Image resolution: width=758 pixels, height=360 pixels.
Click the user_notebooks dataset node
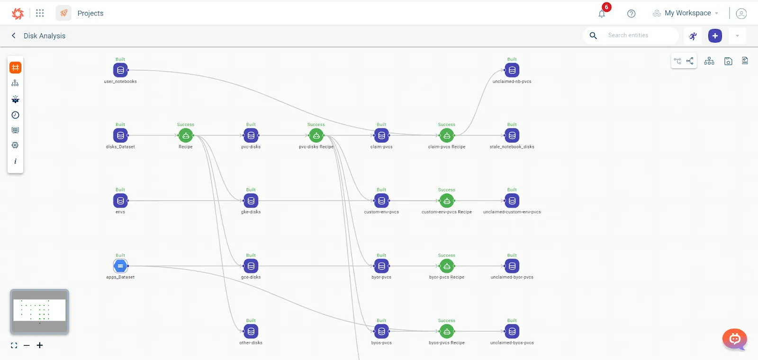tap(120, 70)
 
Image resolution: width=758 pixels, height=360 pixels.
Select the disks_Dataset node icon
tap(120, 135)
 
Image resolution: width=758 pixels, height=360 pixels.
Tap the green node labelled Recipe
tap(186, 135)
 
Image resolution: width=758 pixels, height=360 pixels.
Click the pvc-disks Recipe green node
tap(316, 135)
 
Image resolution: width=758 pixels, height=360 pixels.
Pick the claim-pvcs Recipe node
tap(446, 135)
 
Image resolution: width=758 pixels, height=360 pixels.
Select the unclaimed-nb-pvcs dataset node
tap(512, 70)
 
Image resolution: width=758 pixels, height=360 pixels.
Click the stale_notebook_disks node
tap(512, 135)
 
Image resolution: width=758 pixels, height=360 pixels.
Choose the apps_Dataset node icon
tap(120, 266)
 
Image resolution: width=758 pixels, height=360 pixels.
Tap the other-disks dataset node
tap(251, 331)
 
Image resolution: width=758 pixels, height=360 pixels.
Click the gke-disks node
tap(251, 201)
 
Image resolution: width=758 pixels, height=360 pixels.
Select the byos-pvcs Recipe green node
tap(446, 331)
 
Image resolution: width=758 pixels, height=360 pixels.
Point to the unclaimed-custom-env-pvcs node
tap(512, 201)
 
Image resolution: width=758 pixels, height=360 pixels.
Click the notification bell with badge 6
tap(602, 13)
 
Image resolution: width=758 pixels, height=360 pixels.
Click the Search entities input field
tap(640, 36)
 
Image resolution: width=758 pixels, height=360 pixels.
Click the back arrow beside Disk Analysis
tap(14, 36)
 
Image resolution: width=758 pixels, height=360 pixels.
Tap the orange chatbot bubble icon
tap(735, 339)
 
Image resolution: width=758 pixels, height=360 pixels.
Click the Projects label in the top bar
tap(90, 13)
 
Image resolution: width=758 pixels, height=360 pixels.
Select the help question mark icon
tap(631, 14)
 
